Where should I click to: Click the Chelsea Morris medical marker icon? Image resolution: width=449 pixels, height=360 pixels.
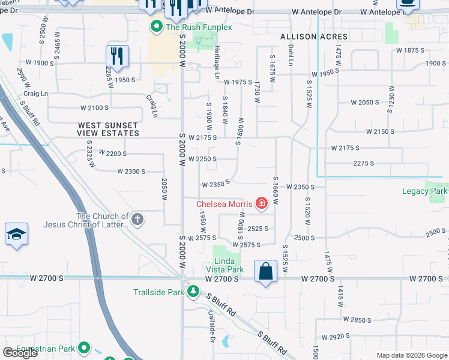point(261,204)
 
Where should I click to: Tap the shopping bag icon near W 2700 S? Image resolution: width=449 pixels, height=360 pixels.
point(265,271)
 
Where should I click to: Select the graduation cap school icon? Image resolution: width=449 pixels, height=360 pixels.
point(16,235)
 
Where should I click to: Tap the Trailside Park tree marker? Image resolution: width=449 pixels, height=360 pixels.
point(193,292)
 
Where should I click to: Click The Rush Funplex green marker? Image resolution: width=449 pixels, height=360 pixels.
point(157,26)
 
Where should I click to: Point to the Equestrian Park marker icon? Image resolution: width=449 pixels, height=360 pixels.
point(84,348)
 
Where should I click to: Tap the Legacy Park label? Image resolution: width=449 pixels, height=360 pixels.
point(424,191)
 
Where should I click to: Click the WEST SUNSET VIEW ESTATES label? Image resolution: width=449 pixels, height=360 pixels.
point(108,129)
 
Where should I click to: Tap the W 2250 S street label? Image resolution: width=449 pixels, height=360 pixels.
point(202,159)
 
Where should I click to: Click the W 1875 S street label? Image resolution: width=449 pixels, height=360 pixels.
point(410,50)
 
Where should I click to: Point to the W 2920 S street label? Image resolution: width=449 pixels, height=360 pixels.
point(336,338)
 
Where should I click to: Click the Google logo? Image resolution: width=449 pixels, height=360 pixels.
point(20,353)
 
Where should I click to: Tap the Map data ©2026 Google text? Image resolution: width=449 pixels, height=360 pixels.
point(411,355)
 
